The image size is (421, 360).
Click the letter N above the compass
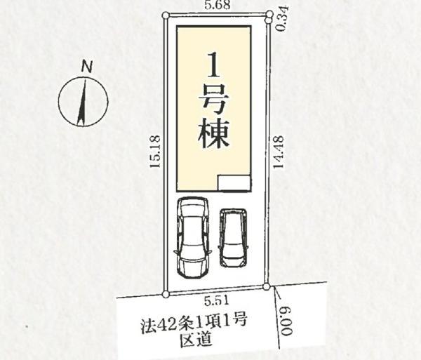tap(86, 67)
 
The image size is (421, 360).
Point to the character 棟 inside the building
tap(215, 133)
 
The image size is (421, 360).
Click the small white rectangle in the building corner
tap(234, 182)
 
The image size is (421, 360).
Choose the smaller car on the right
tap(233, 237)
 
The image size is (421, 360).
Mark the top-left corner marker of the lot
tap(165, 15)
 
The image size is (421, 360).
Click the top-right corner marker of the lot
tap(270, 14)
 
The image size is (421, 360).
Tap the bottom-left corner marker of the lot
tap(166, 294)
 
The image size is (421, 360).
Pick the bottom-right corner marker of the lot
tap(267, 286)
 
